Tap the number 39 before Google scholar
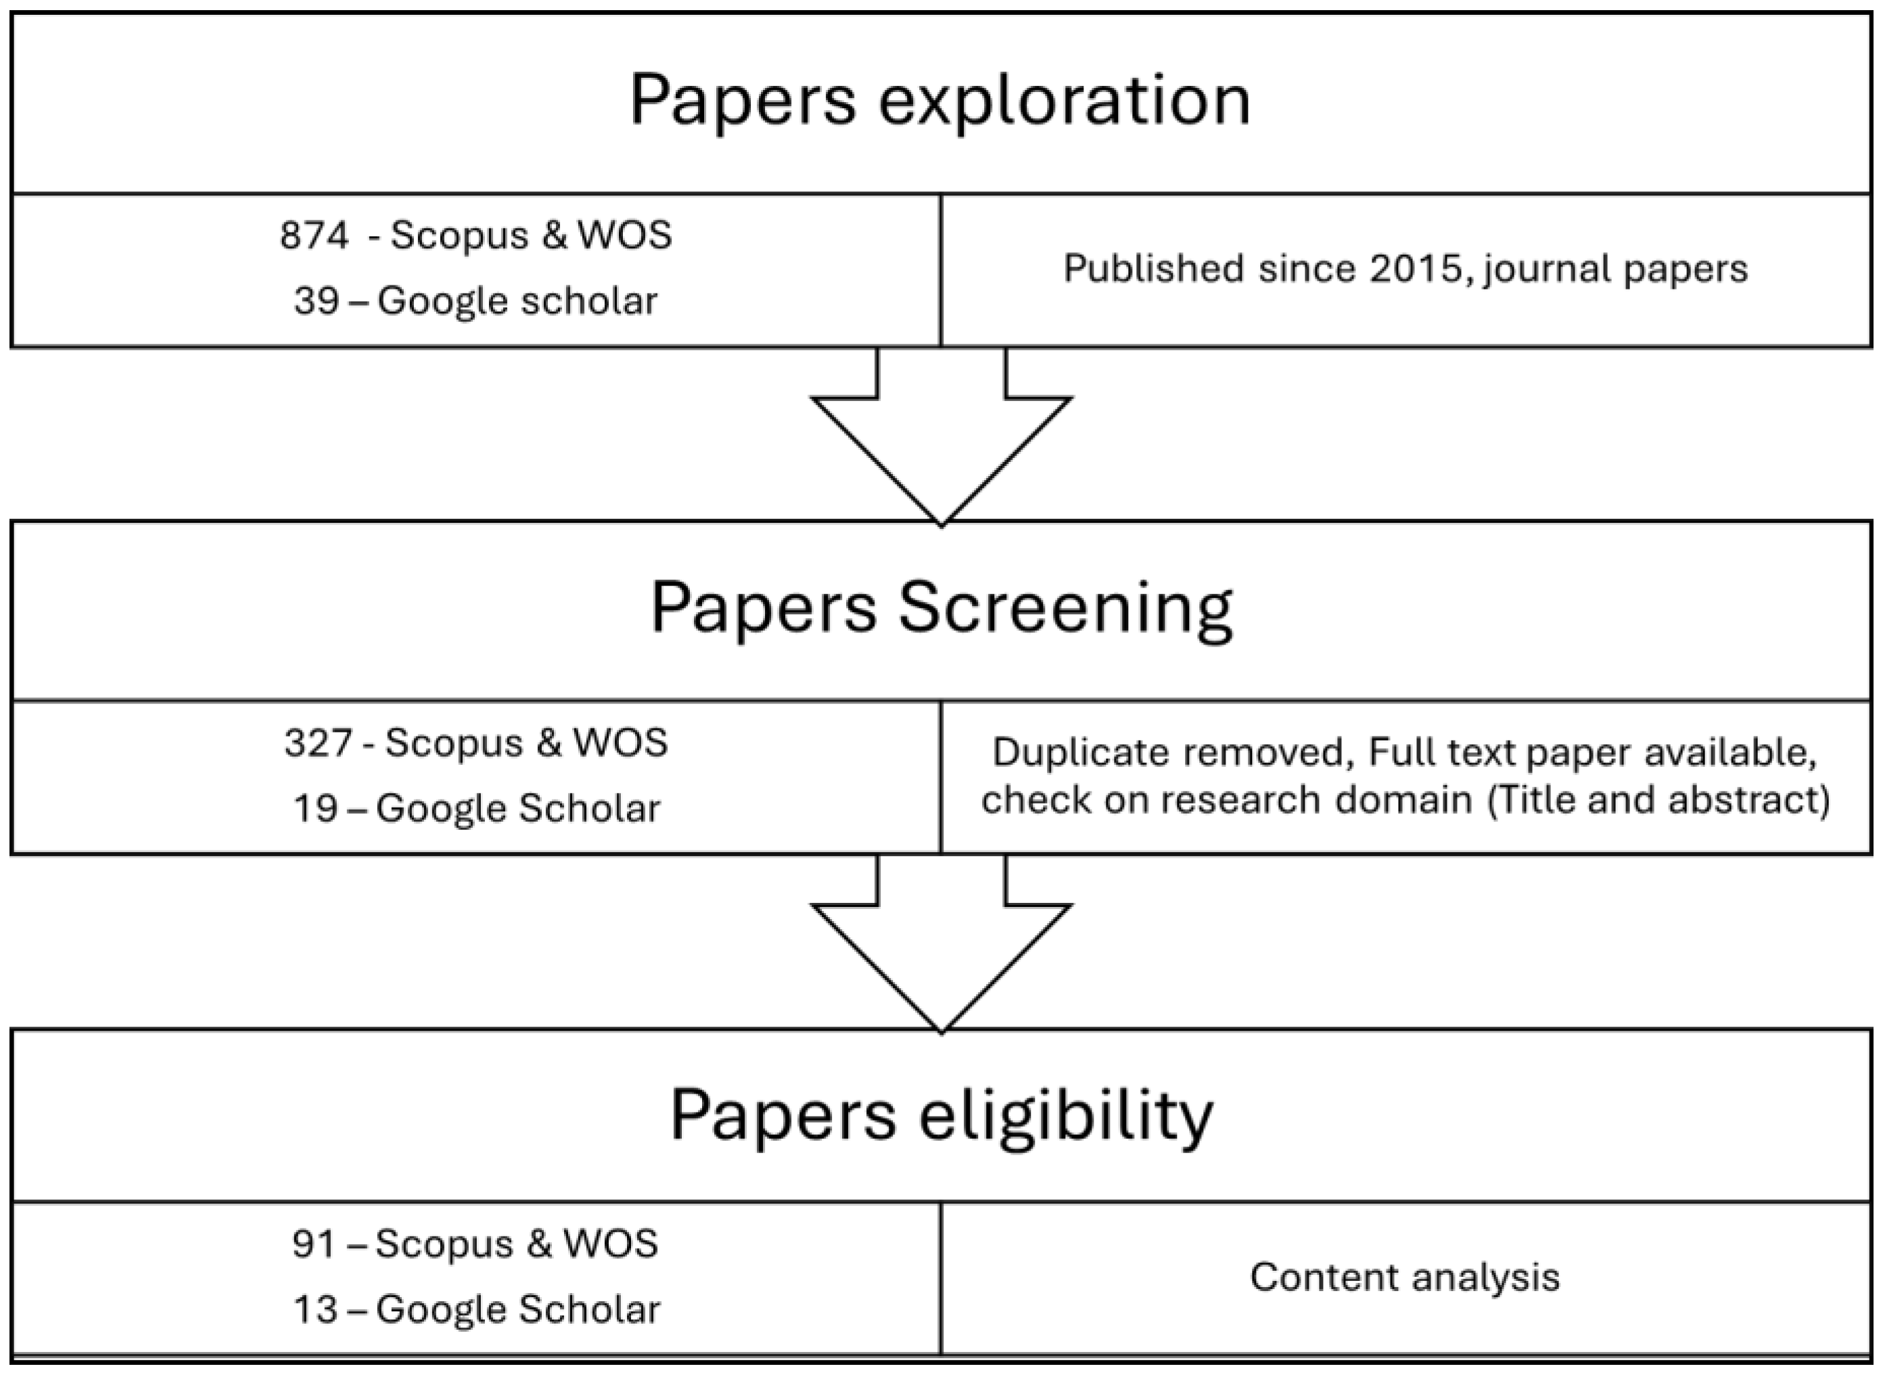point(315,301)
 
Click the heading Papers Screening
point(941,609)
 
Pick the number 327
point(318,743)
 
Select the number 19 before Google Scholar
point(315,808)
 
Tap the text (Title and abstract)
point(1658,800)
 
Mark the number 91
point(312,1244)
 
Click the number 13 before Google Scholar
point(315,1309)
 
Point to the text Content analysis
point(1405,1278)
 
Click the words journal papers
point(1614,269)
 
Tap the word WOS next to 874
point(624,236)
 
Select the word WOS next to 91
point(610,1244)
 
